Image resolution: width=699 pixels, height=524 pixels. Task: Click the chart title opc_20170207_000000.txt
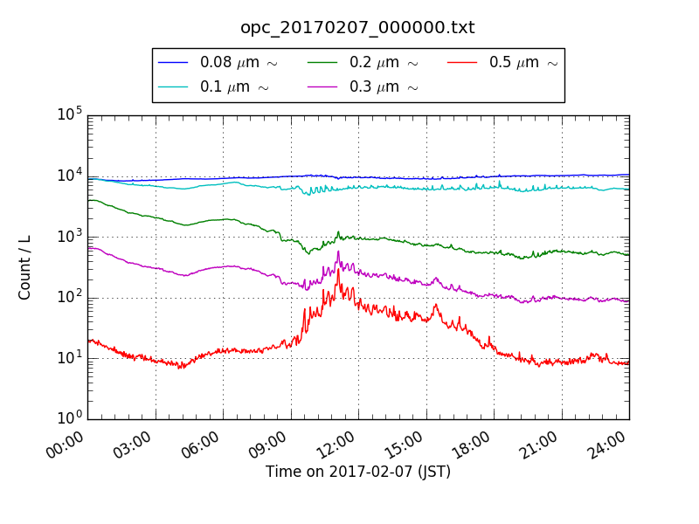click(357, 27)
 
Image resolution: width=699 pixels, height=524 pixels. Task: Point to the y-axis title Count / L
click(25, 267)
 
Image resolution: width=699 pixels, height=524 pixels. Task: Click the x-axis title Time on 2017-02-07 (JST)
click(358, 472)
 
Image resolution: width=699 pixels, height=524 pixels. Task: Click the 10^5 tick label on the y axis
click(69, 114)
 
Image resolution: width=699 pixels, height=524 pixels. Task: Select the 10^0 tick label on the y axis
click(69, 418)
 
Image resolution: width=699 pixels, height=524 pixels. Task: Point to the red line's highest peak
click(338, 269)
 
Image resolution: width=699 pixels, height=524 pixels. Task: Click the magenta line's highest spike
click(338, 252)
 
